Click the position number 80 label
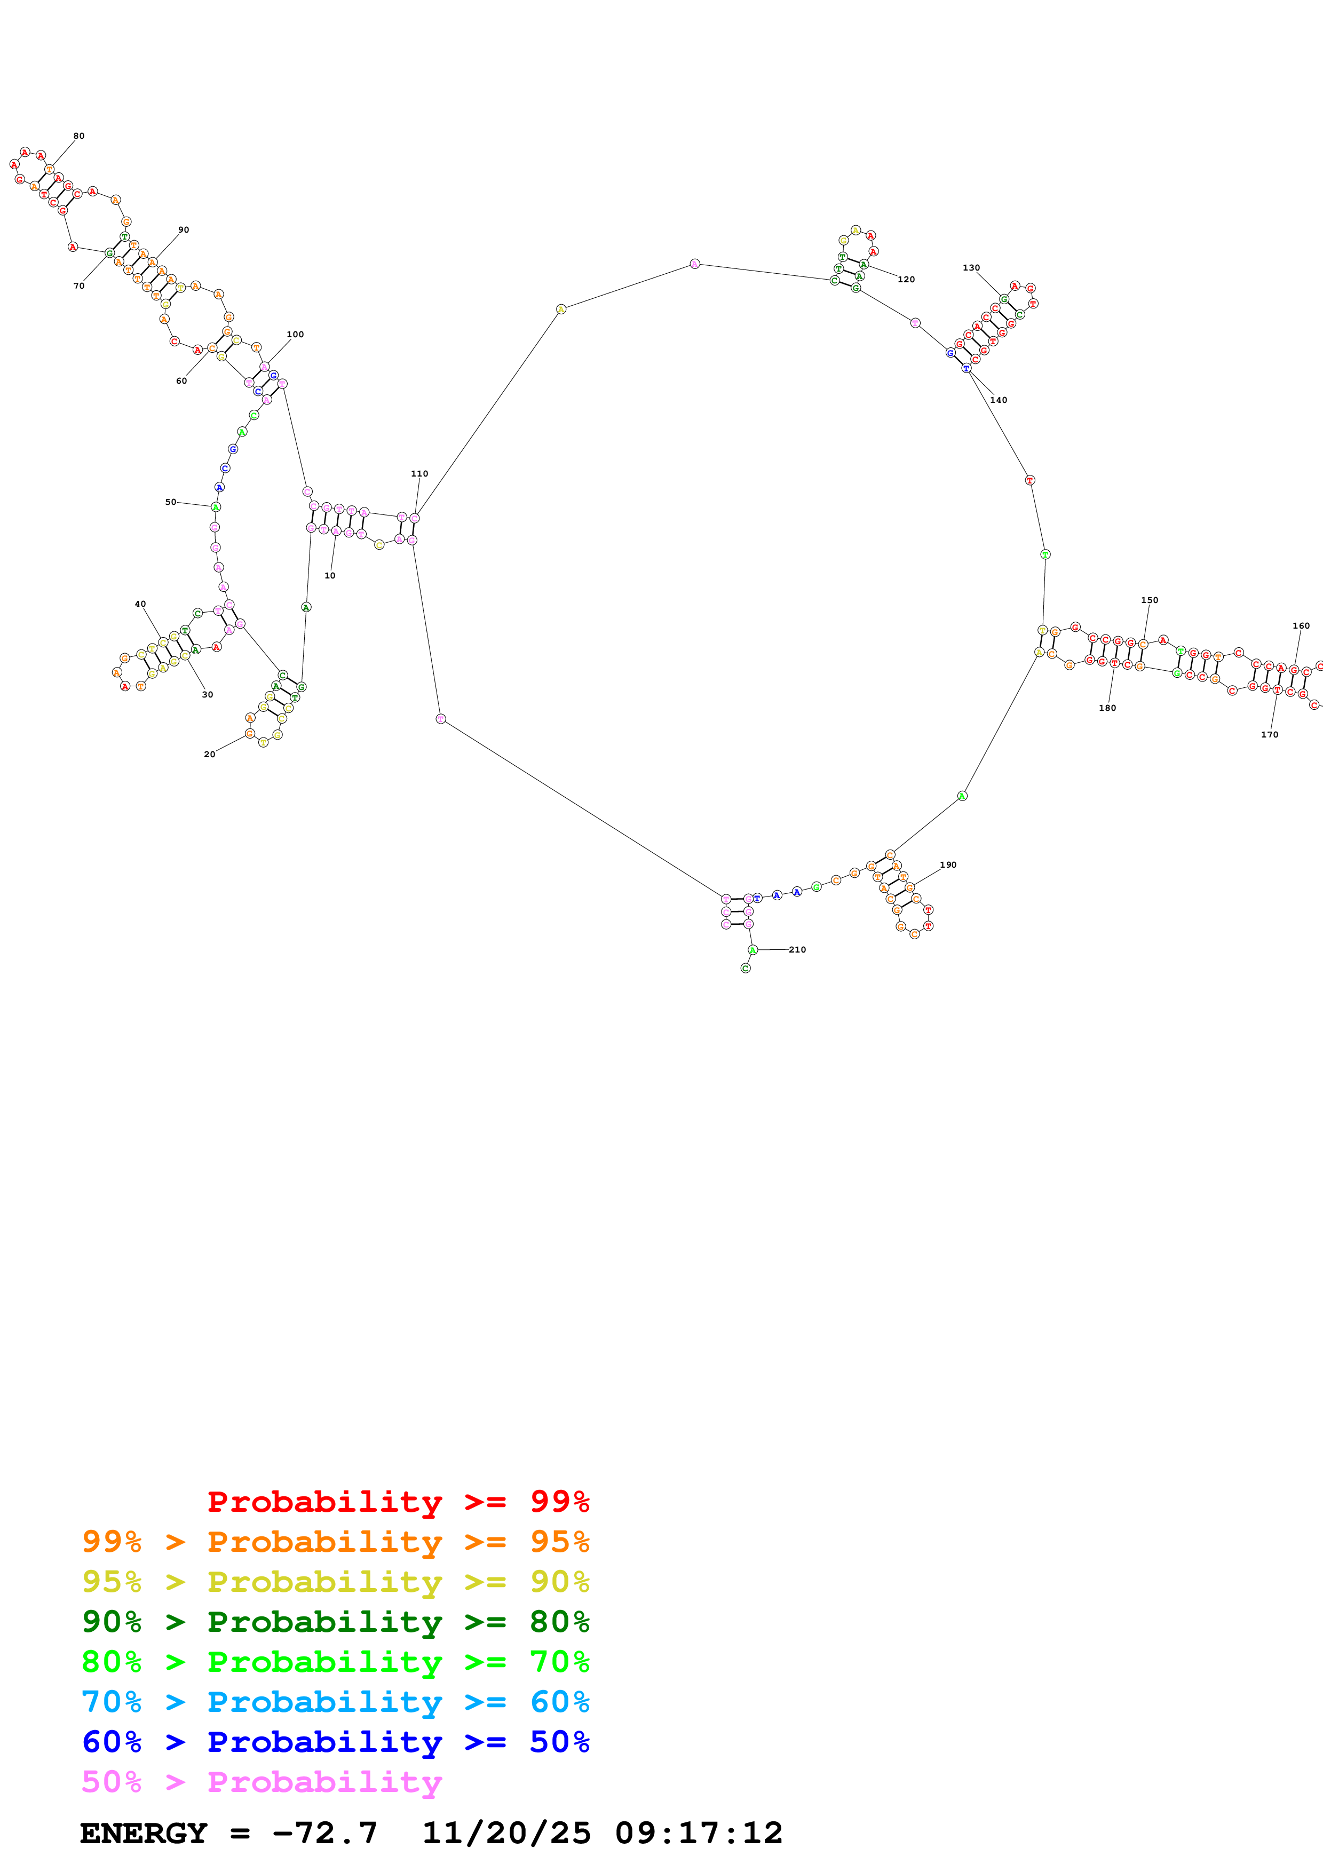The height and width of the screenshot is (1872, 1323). (x=78, y=136)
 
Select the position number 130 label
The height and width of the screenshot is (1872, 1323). (x=971, y=267)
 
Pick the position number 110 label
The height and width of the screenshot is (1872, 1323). (x=419, y=474)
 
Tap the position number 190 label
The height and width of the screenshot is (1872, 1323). (x=947, y=865)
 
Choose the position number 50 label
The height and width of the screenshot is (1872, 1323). (x=170, y=502)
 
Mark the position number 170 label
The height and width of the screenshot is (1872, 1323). (x=1269, y=735)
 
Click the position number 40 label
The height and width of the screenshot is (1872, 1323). (x=140, y=604)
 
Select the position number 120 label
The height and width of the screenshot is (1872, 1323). (x=906, y=280)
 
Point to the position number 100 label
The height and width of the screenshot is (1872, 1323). (x=295, y=334)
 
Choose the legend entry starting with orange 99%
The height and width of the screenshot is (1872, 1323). (x=335, y=1541)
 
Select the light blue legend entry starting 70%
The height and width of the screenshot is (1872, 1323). (x=335, y=1702)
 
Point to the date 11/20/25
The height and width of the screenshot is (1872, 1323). (x=506, y=1833)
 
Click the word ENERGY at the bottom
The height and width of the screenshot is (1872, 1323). (x=144, y=1833)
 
